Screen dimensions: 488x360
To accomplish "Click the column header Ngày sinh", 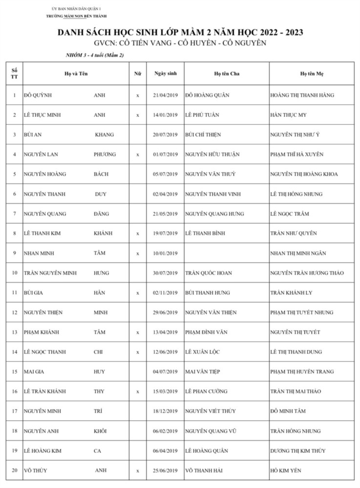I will point(165,73).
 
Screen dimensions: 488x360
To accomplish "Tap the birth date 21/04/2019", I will point(165,95).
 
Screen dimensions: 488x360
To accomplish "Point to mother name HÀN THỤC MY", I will point(288,115).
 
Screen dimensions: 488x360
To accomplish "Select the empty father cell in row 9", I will point(226,253).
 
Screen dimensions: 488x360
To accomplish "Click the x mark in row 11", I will point(138,293).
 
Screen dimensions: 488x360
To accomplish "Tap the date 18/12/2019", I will point(165,411).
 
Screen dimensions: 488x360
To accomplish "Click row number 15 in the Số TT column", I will point(14,372).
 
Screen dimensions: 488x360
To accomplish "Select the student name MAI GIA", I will point(32,372).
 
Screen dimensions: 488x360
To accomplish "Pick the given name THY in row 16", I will point(99,391).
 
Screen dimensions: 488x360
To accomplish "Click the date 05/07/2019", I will point(165,174).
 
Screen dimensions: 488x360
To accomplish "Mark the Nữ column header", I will point(138,74).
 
